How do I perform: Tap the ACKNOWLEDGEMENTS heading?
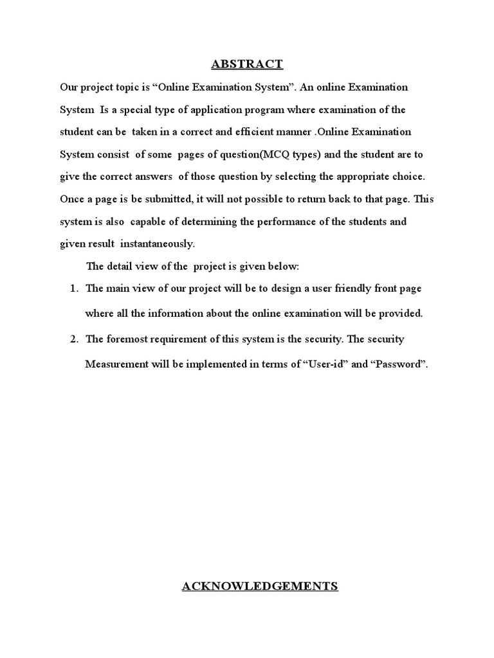click(260, 585)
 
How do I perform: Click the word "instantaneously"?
click(157, 244)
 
